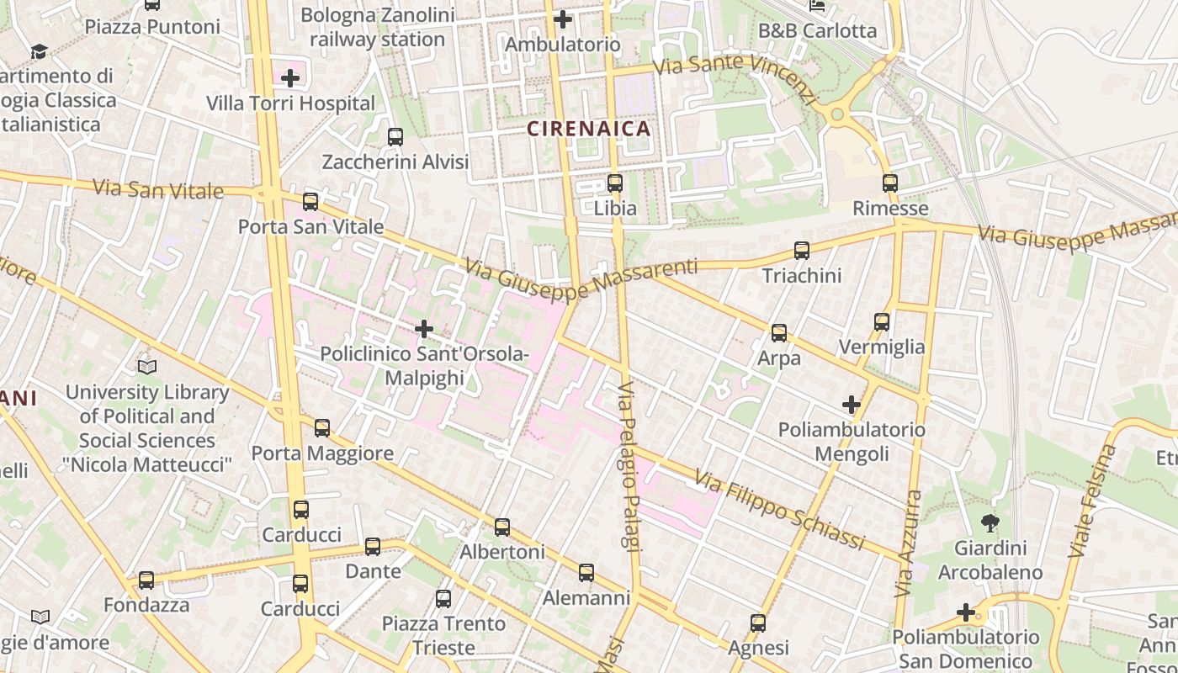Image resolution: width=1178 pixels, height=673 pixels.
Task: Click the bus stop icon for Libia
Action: point(615,183)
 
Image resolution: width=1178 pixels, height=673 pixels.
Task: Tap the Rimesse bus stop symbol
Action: point(890,183)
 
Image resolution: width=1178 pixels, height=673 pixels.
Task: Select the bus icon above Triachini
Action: point(802,251)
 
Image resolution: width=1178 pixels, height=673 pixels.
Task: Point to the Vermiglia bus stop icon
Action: point(882,322)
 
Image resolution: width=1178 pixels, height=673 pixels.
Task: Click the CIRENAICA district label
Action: point(589,129)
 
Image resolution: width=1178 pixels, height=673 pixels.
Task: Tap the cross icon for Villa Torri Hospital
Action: point(290,79)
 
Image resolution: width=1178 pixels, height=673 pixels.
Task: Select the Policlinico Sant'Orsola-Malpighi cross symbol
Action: point(424,329)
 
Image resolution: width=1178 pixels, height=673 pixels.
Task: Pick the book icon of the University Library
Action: point(147,368)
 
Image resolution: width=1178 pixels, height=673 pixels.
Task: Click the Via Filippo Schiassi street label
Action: point(779,510)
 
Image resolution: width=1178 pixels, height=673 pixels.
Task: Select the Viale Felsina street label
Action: point(1092,501)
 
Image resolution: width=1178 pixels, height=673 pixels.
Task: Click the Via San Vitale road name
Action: point(158,188)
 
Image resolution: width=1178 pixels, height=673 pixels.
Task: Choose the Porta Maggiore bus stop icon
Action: point(322,428)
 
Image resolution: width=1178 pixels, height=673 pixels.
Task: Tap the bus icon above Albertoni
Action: point(502,527)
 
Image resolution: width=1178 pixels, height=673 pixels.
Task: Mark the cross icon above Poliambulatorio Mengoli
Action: point(852,405)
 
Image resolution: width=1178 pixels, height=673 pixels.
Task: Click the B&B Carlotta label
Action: point(817,31)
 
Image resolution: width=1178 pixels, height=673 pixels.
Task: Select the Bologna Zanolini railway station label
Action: point(377,27)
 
